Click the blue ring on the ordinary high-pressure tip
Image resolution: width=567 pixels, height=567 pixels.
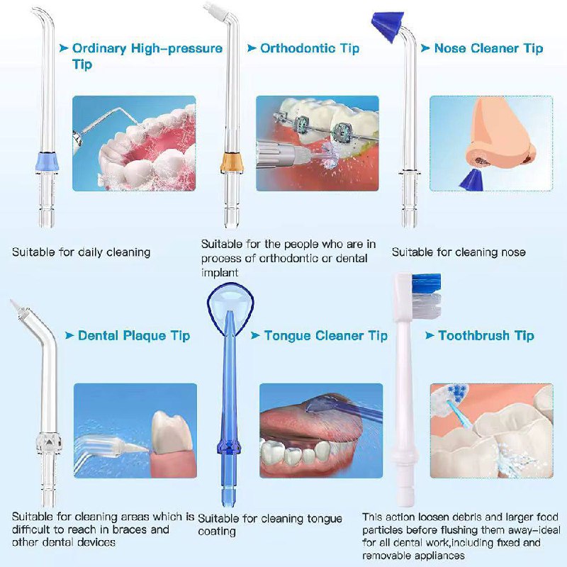(x=47, y=160)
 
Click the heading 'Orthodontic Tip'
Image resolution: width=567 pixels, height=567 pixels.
(x=310, y=48)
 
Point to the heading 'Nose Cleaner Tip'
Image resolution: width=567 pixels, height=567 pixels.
(x=488, y=48)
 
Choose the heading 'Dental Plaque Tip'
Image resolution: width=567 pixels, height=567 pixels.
(x=134, y=335)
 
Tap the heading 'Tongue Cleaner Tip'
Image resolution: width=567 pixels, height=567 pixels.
(x=325, y=335)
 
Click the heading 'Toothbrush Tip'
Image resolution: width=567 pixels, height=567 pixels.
(x=485, y=335)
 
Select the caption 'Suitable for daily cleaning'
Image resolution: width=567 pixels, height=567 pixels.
(x=82, y=252)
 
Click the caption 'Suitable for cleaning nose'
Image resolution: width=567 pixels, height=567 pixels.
(x=459, y=252)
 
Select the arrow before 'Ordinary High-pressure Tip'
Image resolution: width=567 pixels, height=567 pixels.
(x=64, y=48)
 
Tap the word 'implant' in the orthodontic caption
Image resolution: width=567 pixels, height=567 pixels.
(x=219, y=271)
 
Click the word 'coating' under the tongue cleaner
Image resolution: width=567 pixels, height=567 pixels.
(x=217, y=532)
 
